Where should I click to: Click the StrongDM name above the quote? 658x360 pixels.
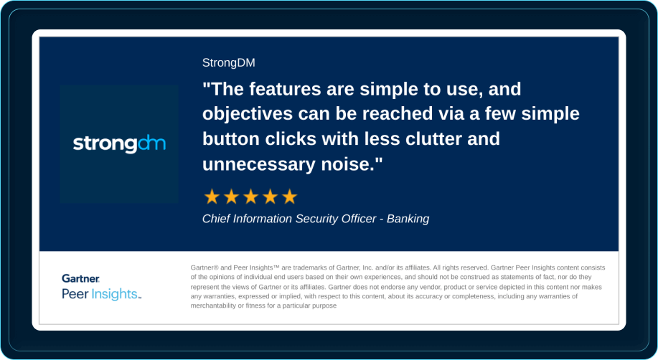[x=228, y=63]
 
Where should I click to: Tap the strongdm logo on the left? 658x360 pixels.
[x=119, y=144]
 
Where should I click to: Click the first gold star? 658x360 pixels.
[x=212, y=196]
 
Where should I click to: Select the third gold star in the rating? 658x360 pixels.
[x=250, y=196]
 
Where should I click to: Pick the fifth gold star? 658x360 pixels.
[x=289, y=196]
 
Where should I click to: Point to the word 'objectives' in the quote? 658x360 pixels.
[x=242, y=115]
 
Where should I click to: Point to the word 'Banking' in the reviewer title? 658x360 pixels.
[x=408, y=219]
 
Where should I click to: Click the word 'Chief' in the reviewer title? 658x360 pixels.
[x=217, y=219]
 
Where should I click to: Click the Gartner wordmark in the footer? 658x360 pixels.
[x=80, y=278]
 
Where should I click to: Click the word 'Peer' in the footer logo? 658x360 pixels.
[x=75, y=294]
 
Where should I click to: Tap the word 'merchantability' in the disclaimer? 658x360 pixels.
[x=217, y=305]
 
